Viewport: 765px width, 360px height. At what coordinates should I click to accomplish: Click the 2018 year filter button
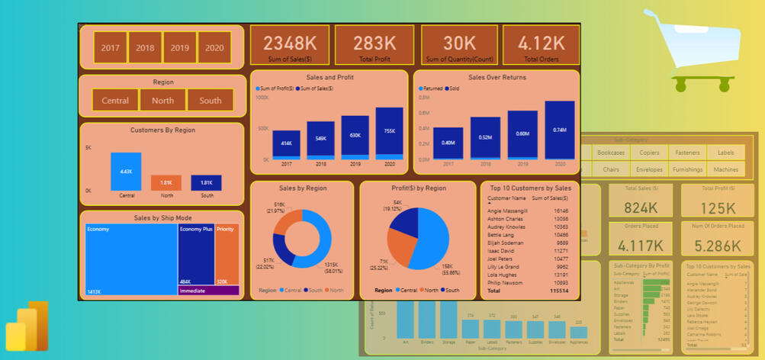point(145,47)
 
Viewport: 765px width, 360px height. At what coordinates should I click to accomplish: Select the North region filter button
point(162,101)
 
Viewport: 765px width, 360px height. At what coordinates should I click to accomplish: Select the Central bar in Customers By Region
point(126,172)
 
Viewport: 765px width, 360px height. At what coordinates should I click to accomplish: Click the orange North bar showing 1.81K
point(166,183)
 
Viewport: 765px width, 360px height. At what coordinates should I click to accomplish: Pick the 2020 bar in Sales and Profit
point(389,133)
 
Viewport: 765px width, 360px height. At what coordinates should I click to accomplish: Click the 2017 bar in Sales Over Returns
point(448,143)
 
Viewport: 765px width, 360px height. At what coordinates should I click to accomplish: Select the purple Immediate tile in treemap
point(208,291)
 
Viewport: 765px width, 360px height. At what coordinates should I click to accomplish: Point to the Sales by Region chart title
point(302,188)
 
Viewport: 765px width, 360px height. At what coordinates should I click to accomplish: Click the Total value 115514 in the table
point(558,291)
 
